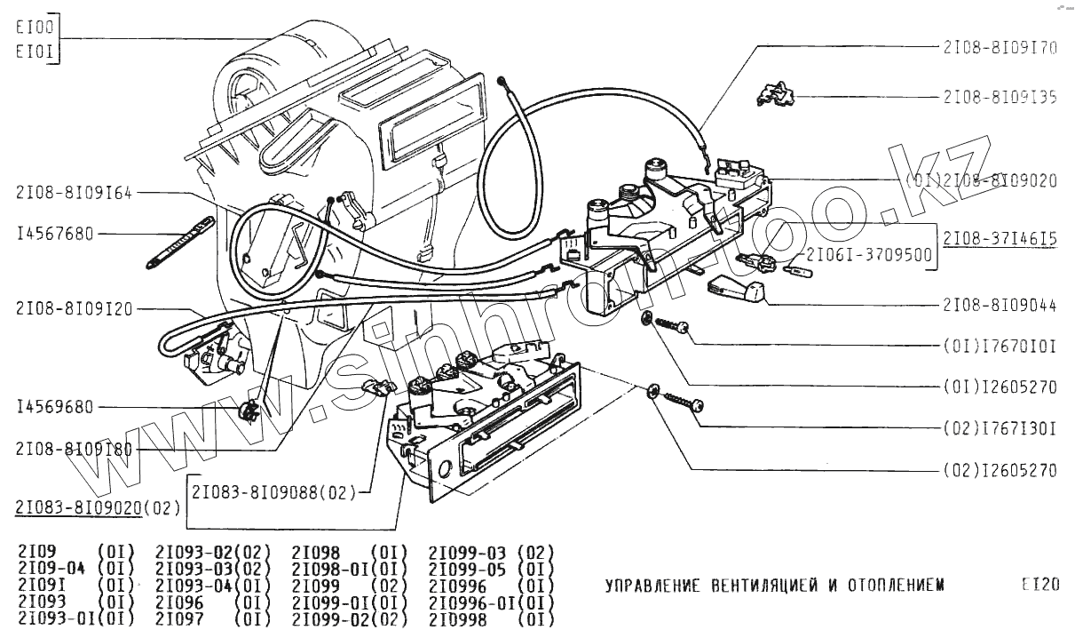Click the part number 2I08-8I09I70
tap(1000, 48)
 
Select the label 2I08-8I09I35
tap(1000, 97)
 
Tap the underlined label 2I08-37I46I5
tap(1000, 240)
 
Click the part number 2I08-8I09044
tap(1000, 305)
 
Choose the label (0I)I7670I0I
tap(1000, 346)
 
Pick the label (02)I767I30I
tap(1000, 428)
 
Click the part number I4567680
tap(55, 235)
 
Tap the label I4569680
tap(55, 408)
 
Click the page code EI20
tap(1039, 585)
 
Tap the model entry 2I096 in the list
tap(179, 602)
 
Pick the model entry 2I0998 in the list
tap(457, 619)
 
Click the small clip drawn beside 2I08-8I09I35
tap(775, 93)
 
